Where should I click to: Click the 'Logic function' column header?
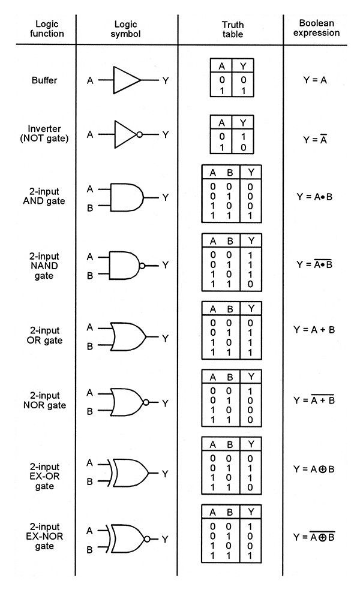[47, 29]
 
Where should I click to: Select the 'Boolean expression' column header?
[316, 28]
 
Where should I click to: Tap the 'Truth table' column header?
[232, 29]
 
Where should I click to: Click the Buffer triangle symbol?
[127, 80]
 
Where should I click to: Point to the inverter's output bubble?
[139, 134]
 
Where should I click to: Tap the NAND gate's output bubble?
[142, 266]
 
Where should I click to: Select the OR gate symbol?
[128, 337]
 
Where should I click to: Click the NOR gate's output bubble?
[146, 402]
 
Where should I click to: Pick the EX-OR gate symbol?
[128, 472]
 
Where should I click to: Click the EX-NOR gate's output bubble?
[147, 539]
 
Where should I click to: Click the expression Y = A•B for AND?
[314, 197]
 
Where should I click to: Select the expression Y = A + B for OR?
[314, 330]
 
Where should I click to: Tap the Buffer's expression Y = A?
[315, 80]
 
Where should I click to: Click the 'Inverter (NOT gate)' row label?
[44, 134]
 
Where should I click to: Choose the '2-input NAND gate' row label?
[44, 266]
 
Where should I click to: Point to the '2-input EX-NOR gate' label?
[44, 536]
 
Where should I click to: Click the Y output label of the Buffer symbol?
[166, 80]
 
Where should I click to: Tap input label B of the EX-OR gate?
[89, 481]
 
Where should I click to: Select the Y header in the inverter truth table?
[243, 123]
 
